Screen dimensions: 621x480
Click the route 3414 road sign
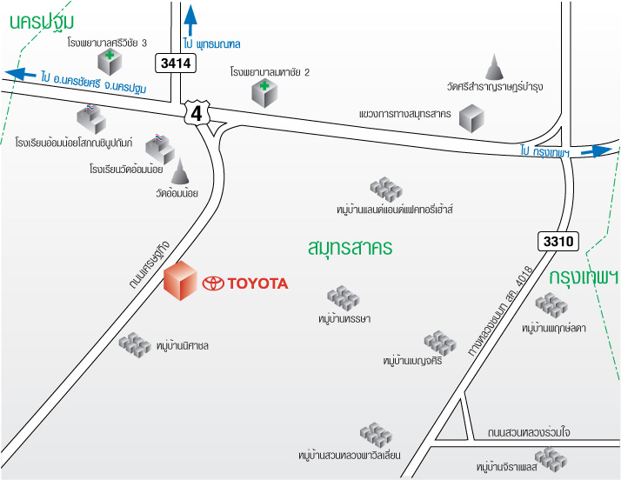pyautogui.click(x=176, y=63)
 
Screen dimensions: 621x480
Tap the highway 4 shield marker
pyautogui.click(x=197, y=113)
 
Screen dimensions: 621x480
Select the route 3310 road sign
pyautogui.click(x=558, y=241)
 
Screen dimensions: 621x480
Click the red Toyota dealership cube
pyautogui.click(x=181, y=280)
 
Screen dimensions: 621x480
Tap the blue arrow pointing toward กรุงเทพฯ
pyautogui.click(x=597, y=151)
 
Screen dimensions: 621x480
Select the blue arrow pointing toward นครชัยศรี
pyautogui.click(x=21, y=74)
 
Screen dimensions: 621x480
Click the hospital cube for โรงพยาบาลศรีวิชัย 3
pyautogui.click(x=110, y=63)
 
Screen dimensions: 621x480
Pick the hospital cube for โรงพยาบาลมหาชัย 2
pyautogui.click(x=264, y=93)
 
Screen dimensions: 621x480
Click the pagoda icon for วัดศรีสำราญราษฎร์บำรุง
pyautogui.click(x=494, y=67)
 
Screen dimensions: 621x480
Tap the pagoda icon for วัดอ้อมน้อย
pyautogui.click(x=180, y=171)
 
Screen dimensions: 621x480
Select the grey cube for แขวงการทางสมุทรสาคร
pyautogui.click(x=471, y=118)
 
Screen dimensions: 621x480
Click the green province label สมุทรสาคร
pyautogui.click(x=351, y=248)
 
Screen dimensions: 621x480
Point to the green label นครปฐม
pyautogui.click(x=42, y=22)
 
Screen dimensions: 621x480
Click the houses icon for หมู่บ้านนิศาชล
pyautogui.click(x=135, y=345)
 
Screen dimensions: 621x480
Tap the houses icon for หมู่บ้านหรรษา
pyautogui.click(x=344, y=298)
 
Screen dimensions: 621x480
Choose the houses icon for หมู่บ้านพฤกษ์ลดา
pyautogui.click(x=551, y=305)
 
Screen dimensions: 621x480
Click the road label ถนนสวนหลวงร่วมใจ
pyautogui.click(x=529, y=432)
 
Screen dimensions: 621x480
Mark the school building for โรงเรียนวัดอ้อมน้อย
pyautogui.click(x=160, y=149)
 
